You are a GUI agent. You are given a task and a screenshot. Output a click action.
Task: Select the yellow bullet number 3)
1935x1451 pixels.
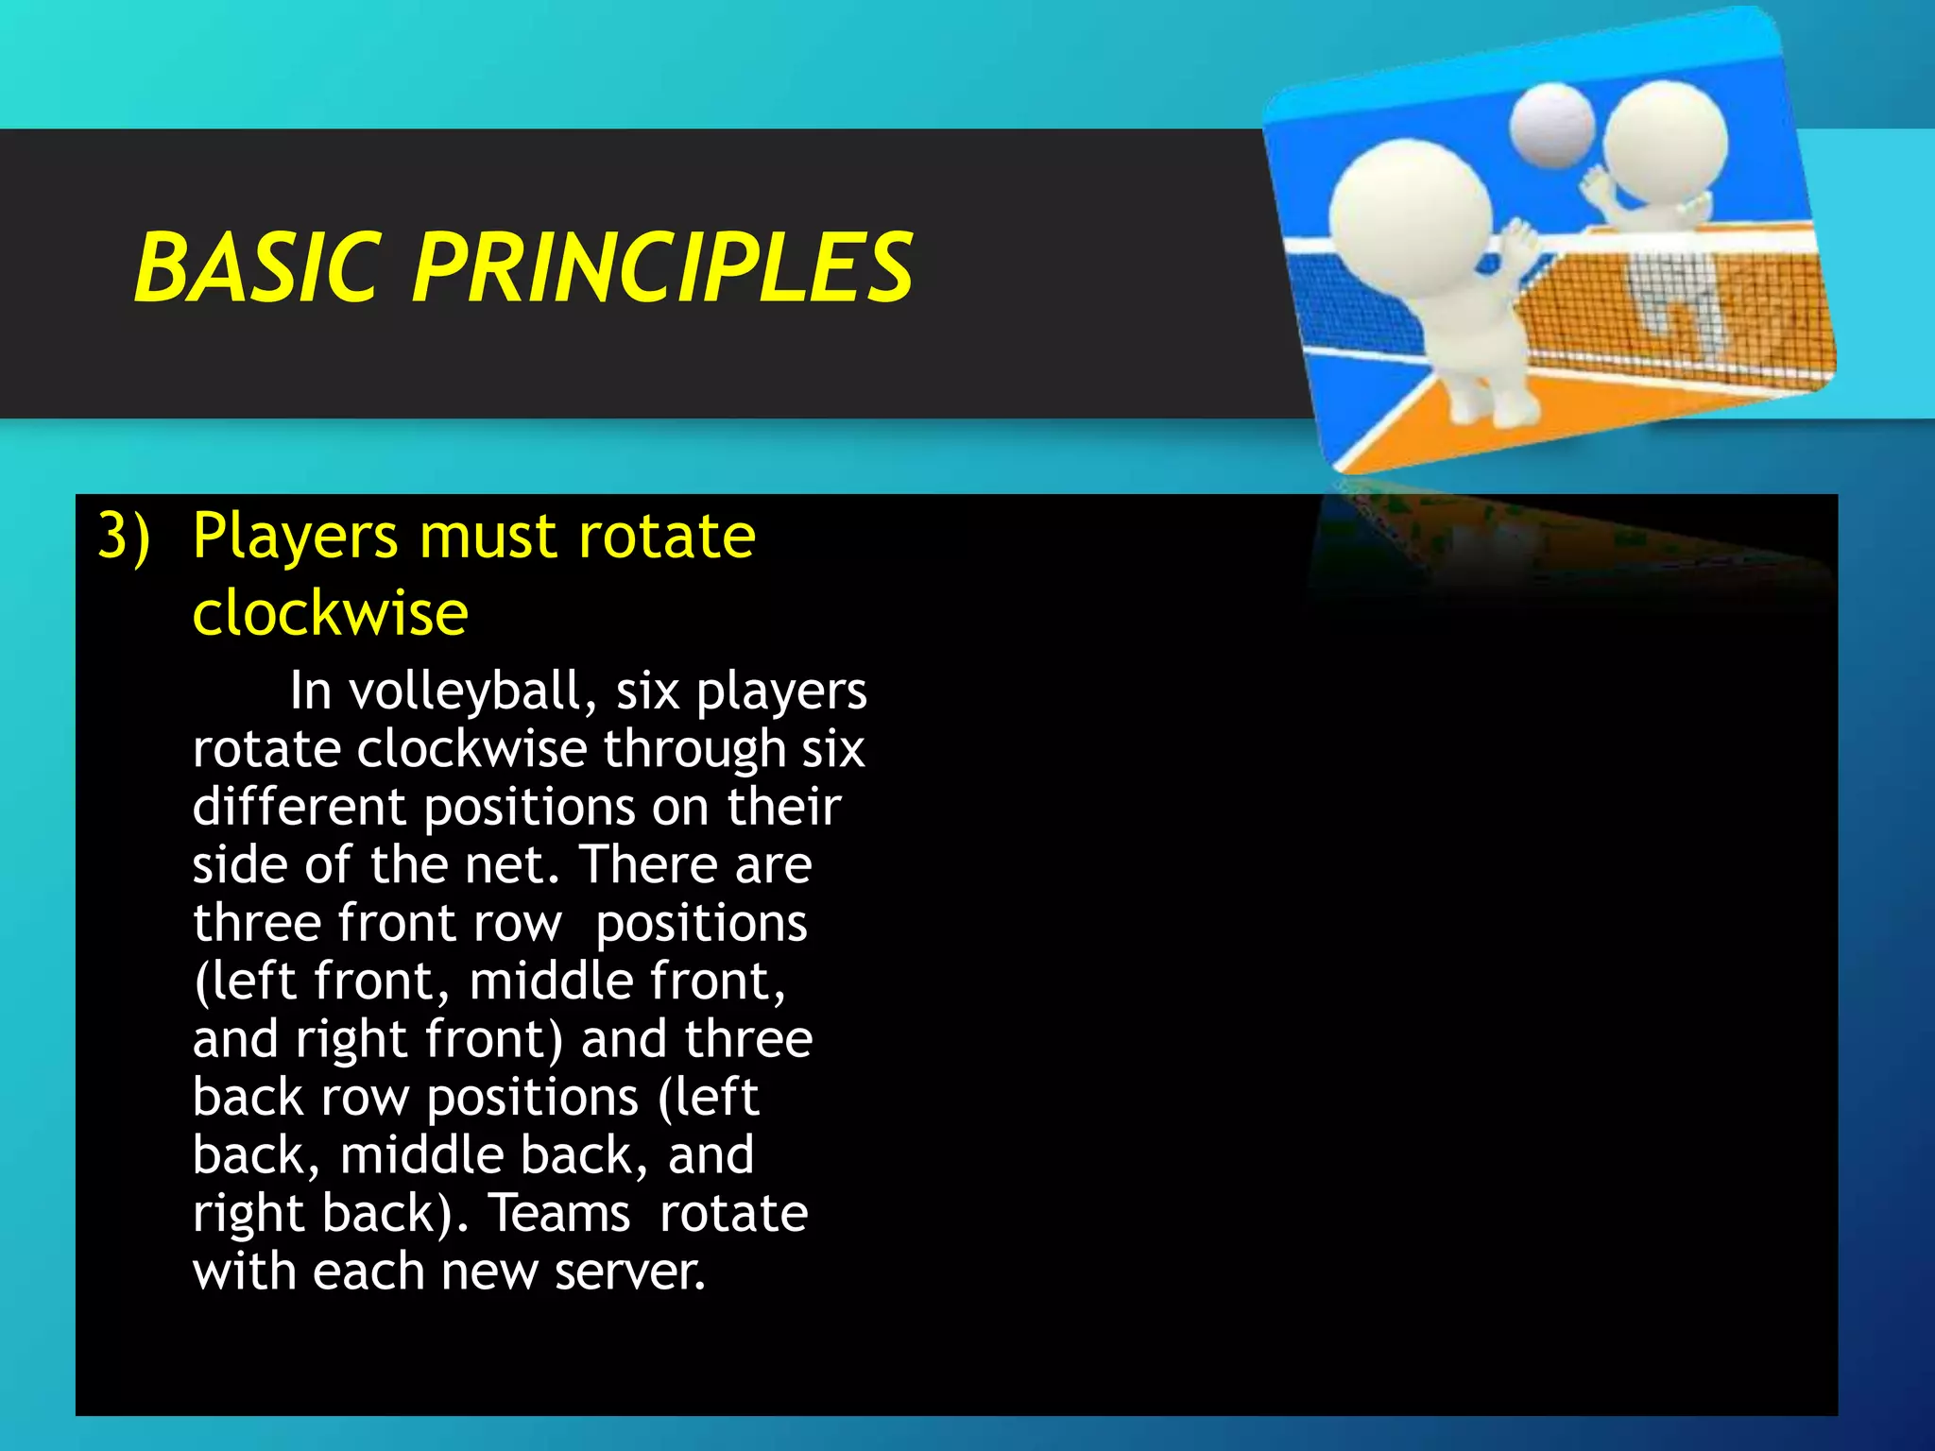tap(124, 537)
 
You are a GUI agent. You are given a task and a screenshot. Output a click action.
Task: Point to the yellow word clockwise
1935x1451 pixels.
tap(330, 614)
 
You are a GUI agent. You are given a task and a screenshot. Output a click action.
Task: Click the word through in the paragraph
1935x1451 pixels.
tap(694, 749)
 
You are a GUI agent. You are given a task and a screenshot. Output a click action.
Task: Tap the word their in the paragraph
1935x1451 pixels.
tap(783, 808)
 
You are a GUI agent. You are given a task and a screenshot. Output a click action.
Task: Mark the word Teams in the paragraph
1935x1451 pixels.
tap(559, 1213)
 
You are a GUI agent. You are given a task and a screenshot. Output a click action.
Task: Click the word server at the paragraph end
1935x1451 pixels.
tap(629, 1272)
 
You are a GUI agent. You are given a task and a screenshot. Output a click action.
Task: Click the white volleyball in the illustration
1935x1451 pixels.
tap(1552, 126)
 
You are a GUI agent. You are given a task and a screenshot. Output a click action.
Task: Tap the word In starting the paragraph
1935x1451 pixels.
tap(311, 691)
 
